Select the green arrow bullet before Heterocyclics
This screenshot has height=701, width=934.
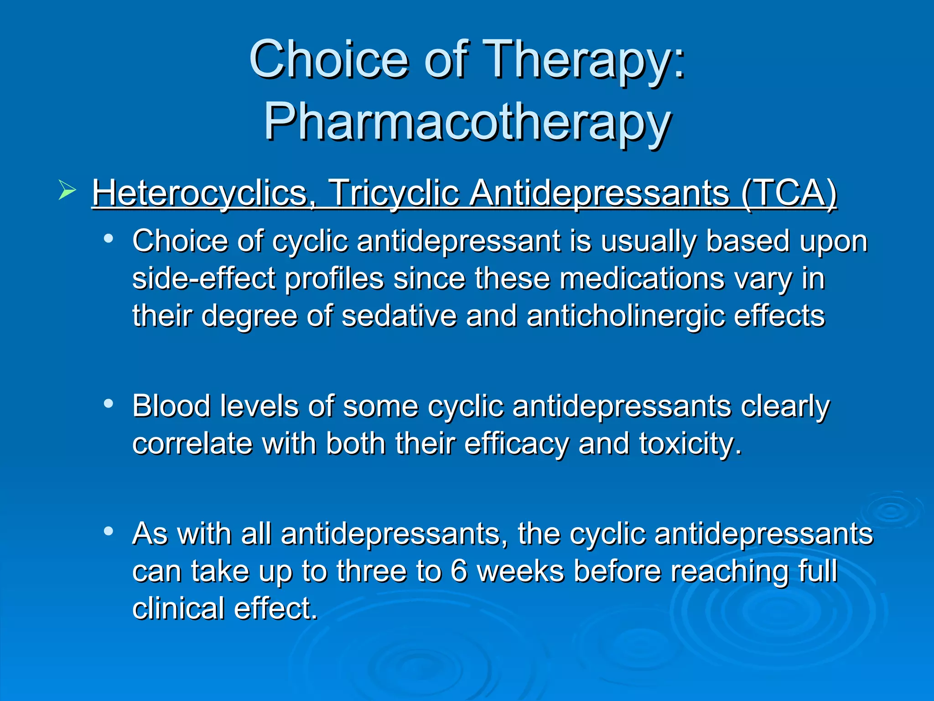[x=67, y=190]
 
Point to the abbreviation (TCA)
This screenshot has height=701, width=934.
[x=789, y=194]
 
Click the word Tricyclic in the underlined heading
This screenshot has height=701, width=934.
[x=394, y=194]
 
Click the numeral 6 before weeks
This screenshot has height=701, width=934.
[x=459, y=571]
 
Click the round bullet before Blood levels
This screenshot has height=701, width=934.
[x=108, y=403]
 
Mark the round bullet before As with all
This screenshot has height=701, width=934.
[x=108, y=531]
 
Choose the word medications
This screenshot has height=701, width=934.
[x=642, y=279]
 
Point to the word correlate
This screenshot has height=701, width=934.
[x=192, y=444]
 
